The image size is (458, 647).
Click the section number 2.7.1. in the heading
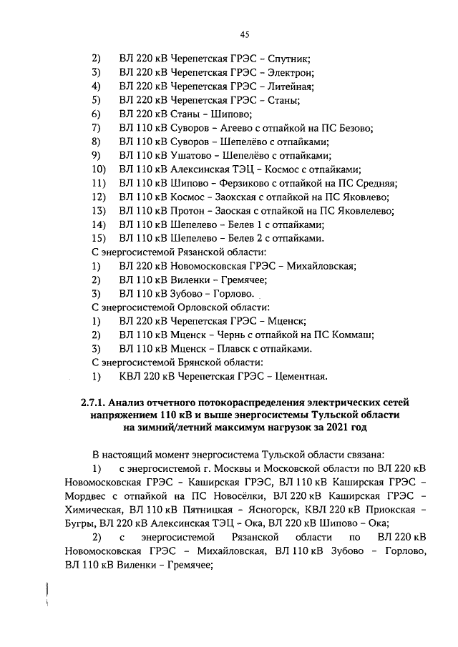pyautogui.click(x=97, y=403)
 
